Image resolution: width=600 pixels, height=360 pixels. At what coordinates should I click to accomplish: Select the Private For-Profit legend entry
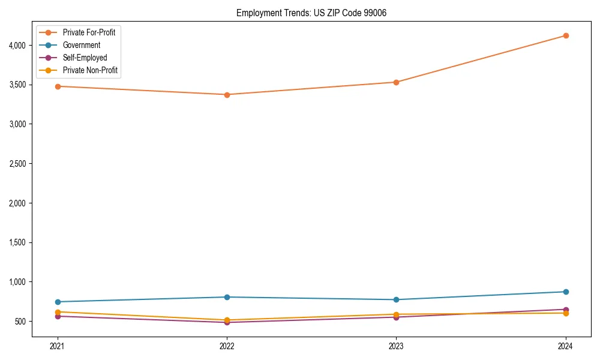tap(89, 32)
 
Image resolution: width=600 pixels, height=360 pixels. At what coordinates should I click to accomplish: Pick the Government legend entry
tap(82, 45)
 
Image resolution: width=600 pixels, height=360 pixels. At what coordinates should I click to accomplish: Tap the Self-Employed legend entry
tap(85, 58)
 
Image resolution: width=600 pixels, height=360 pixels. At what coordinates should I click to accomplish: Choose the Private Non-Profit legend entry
tap(90, 70)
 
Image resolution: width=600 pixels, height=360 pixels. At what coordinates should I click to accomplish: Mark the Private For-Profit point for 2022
tap(227, 95)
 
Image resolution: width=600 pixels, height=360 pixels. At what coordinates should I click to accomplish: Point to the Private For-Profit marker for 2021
tap(58, 86)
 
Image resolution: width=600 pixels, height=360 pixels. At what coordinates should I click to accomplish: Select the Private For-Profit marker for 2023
tap(396, 82)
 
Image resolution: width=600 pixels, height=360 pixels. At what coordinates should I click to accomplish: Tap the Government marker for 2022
tap(227, 297)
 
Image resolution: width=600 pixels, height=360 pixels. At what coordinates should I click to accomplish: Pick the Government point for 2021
tap(58, 302)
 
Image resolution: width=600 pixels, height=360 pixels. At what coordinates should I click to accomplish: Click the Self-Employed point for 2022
tap(227, 322)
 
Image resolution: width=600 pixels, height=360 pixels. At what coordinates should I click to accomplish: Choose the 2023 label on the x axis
tap(396, 346)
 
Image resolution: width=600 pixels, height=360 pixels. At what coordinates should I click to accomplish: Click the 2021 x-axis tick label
tap(58, 346)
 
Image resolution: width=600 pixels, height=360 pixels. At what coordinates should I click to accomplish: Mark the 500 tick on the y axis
tap(22, 322)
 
